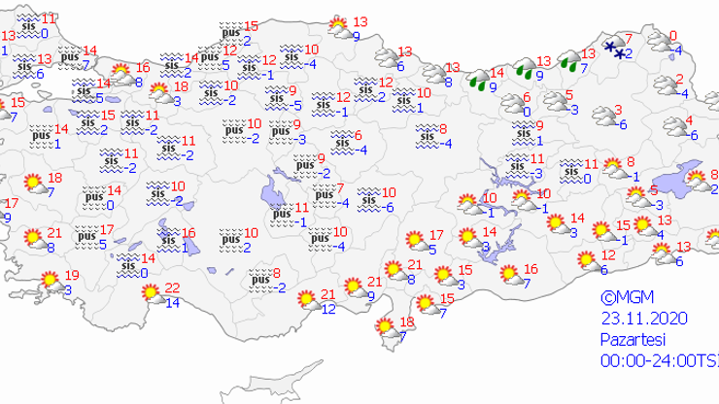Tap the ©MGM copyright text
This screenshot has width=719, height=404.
(x=622, y=299)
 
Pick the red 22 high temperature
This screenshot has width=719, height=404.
(x=173, y=287)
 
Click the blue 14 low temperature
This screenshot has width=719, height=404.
(x=173, y=303)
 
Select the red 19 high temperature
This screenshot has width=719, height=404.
(x=73, y=276)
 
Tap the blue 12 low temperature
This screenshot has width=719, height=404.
(x=329, y=309)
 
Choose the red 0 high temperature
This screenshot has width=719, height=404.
(x=675, y=36)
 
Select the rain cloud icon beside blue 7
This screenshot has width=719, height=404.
(x=570, y=65)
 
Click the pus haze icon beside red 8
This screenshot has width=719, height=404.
(x=259, y=280)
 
